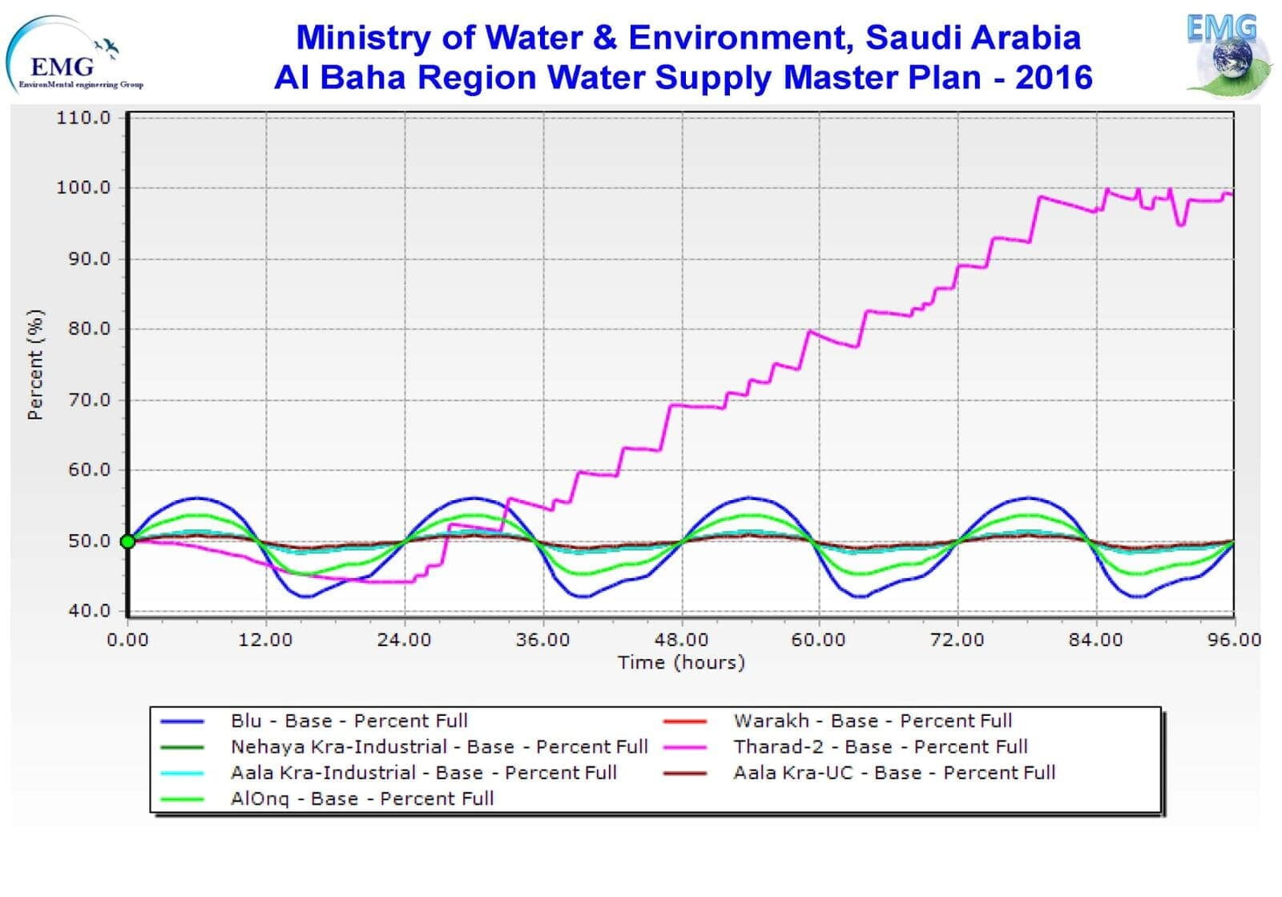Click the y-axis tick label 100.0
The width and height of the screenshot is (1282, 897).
point(83,188)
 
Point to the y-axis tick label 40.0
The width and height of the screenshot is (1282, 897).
point(89,611)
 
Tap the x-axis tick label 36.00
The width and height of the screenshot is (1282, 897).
point(542,640)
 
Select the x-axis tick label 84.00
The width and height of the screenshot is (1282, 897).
point(1095,640)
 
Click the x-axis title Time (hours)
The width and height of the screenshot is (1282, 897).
point(681,662)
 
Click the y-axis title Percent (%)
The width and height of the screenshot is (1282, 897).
point(34,365)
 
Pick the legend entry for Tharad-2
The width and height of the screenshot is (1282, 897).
point(880,747)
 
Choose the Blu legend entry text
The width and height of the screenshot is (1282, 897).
point(349,721)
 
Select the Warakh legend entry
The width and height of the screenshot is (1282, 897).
point(873,721)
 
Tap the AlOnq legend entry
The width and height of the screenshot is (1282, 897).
point(361,798)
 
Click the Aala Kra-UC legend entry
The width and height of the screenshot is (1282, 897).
point(894,773)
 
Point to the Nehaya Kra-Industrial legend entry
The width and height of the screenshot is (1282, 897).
point(439,747)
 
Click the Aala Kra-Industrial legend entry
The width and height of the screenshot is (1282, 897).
point(423,773)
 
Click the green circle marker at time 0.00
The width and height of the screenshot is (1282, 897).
point(127,542)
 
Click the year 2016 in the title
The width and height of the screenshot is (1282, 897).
point(1054,78)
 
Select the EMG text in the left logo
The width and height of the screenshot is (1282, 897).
point(61,66)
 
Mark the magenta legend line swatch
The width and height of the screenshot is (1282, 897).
point(685,747)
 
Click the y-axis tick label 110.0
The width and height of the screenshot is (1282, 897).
point(83,118)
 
